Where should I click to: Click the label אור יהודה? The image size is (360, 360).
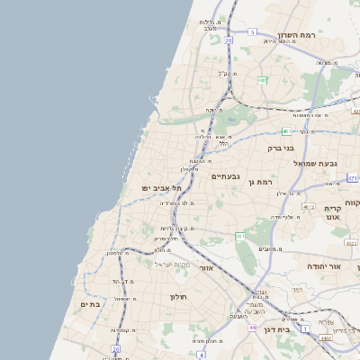pyautogui.click(x=325, y=267)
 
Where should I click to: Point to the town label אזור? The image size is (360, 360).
pyautogui.click(x=206, y=268)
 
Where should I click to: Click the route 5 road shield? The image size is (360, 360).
pyautogui.click(x=253, y=32)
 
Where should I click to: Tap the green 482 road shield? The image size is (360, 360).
pyautogui.click(x=262, y=81)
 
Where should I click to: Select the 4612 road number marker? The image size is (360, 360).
pyautogui.click(x=309, y=207)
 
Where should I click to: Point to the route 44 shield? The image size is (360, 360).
pyautogui.click(x=253, y=328)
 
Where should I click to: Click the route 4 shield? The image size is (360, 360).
pyautogui.click(x=193, y=342)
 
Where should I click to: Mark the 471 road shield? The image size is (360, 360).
pyautogui.click(x=352, y=178)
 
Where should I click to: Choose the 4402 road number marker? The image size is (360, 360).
pyautogui.click(x=324, y=337)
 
